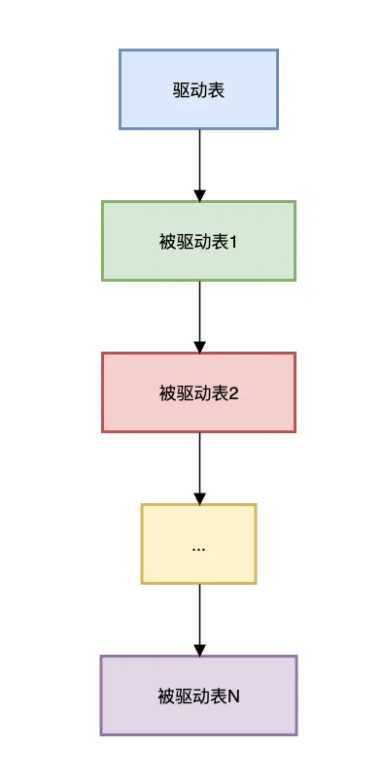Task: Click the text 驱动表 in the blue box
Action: [x=198, y=89]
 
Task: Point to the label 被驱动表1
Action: [x=198, y=241]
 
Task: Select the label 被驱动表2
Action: [x=198, y=392]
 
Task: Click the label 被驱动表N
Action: [x=198, y=696]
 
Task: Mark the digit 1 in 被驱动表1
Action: [x=235, y=241]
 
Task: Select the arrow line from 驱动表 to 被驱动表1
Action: [x=199, y=160]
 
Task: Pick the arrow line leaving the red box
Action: [x=199, y=464]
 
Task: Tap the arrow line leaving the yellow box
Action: [x=199, y=616]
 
